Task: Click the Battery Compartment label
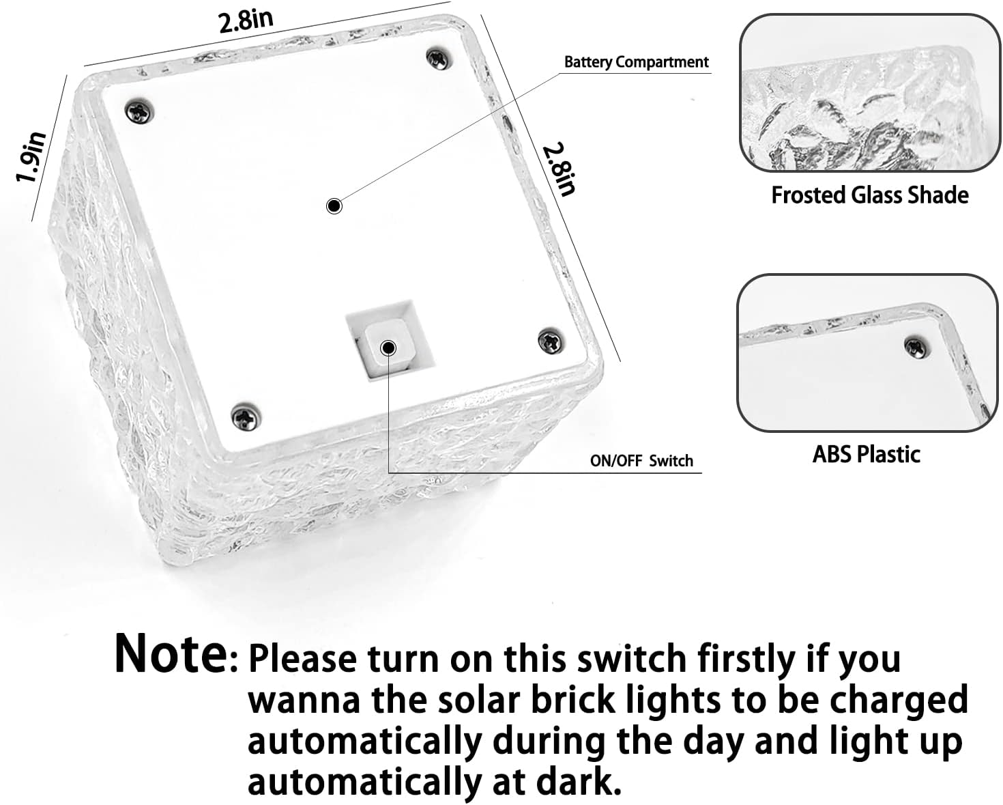pyautogui.click(x=636, y=62)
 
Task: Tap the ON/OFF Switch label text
pyautogui.click(x=641, y=461)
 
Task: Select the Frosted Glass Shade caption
pyautogui.click(x=869, y=195)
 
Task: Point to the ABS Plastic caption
pyautogui.click(x=866, y=454)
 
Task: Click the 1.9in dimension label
pyautogui.click(x=31, y=158)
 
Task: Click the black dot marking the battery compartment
pyautogui.click(x=334, y=206)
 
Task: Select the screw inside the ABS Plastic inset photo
pyautogui.click(x=914, y=346)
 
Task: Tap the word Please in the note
pyautogui.click(x=302, y=660)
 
